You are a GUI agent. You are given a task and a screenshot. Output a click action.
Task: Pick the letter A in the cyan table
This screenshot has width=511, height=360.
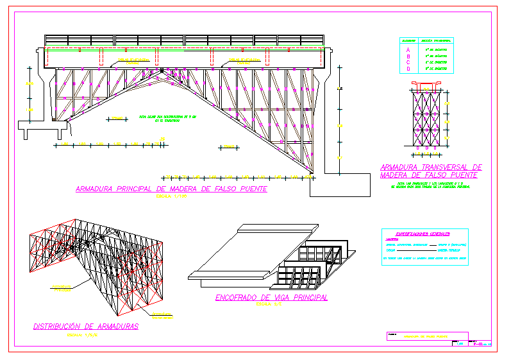[408, 49]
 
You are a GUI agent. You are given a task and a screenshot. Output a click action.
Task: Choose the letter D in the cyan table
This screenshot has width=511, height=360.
[408, 68]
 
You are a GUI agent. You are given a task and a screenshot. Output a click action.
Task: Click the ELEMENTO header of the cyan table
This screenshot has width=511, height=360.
[408, 40]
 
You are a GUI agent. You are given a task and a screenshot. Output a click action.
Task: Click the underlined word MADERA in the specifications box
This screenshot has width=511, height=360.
[393, 240]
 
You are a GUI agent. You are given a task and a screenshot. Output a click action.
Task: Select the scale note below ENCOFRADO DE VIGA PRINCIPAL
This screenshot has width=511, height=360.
[265, 305]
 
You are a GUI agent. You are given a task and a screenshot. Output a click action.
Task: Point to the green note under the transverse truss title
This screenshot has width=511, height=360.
[430, 185]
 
